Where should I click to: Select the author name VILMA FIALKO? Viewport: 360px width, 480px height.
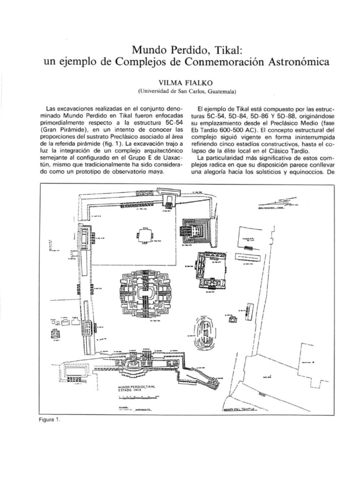click(x=180, y=82)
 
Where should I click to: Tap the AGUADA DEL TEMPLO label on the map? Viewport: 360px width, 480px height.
click(x=239, y=410)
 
